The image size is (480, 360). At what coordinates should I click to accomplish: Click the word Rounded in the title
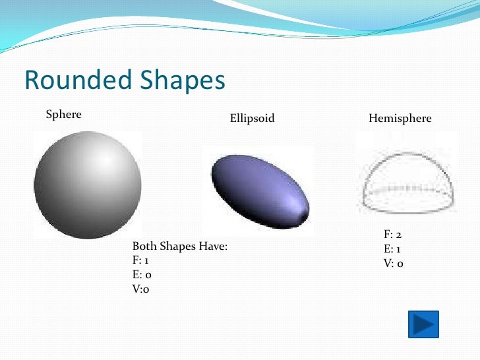pos(76,80)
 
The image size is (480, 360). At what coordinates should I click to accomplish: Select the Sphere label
pos(63,115)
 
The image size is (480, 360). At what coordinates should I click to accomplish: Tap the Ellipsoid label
pos(252,119)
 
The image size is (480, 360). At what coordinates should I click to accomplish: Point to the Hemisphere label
pos(400,119)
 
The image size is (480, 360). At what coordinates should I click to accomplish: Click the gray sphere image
pos(88,185)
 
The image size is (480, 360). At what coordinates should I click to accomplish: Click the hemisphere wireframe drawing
pos(408,178)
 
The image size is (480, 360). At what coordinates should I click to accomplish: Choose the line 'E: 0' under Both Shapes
pos(142,275)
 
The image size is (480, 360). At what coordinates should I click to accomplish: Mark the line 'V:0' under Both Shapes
pos(141,289)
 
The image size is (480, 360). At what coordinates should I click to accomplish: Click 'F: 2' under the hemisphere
pos(394,234)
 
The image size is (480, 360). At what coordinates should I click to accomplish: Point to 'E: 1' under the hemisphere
pos(393,249)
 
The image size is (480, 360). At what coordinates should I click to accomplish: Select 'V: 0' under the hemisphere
pos(394,263)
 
